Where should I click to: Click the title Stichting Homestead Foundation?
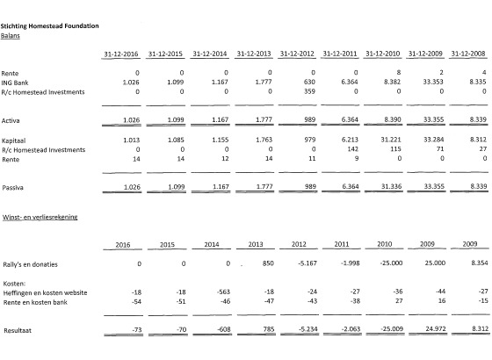point(50,28)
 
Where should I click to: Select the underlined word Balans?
point(11,37)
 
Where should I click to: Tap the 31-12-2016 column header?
point(121,54)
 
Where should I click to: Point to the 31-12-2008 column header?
point(467,54)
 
